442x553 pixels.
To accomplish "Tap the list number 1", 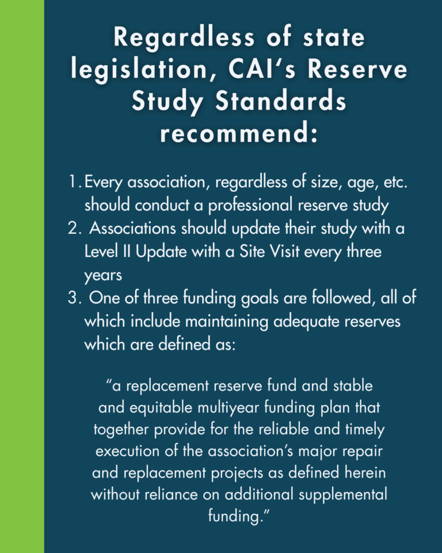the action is point(73,183).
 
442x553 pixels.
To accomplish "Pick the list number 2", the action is point(73,229).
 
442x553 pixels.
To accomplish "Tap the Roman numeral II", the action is point(122,252).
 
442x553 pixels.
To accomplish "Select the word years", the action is point(103,275).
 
